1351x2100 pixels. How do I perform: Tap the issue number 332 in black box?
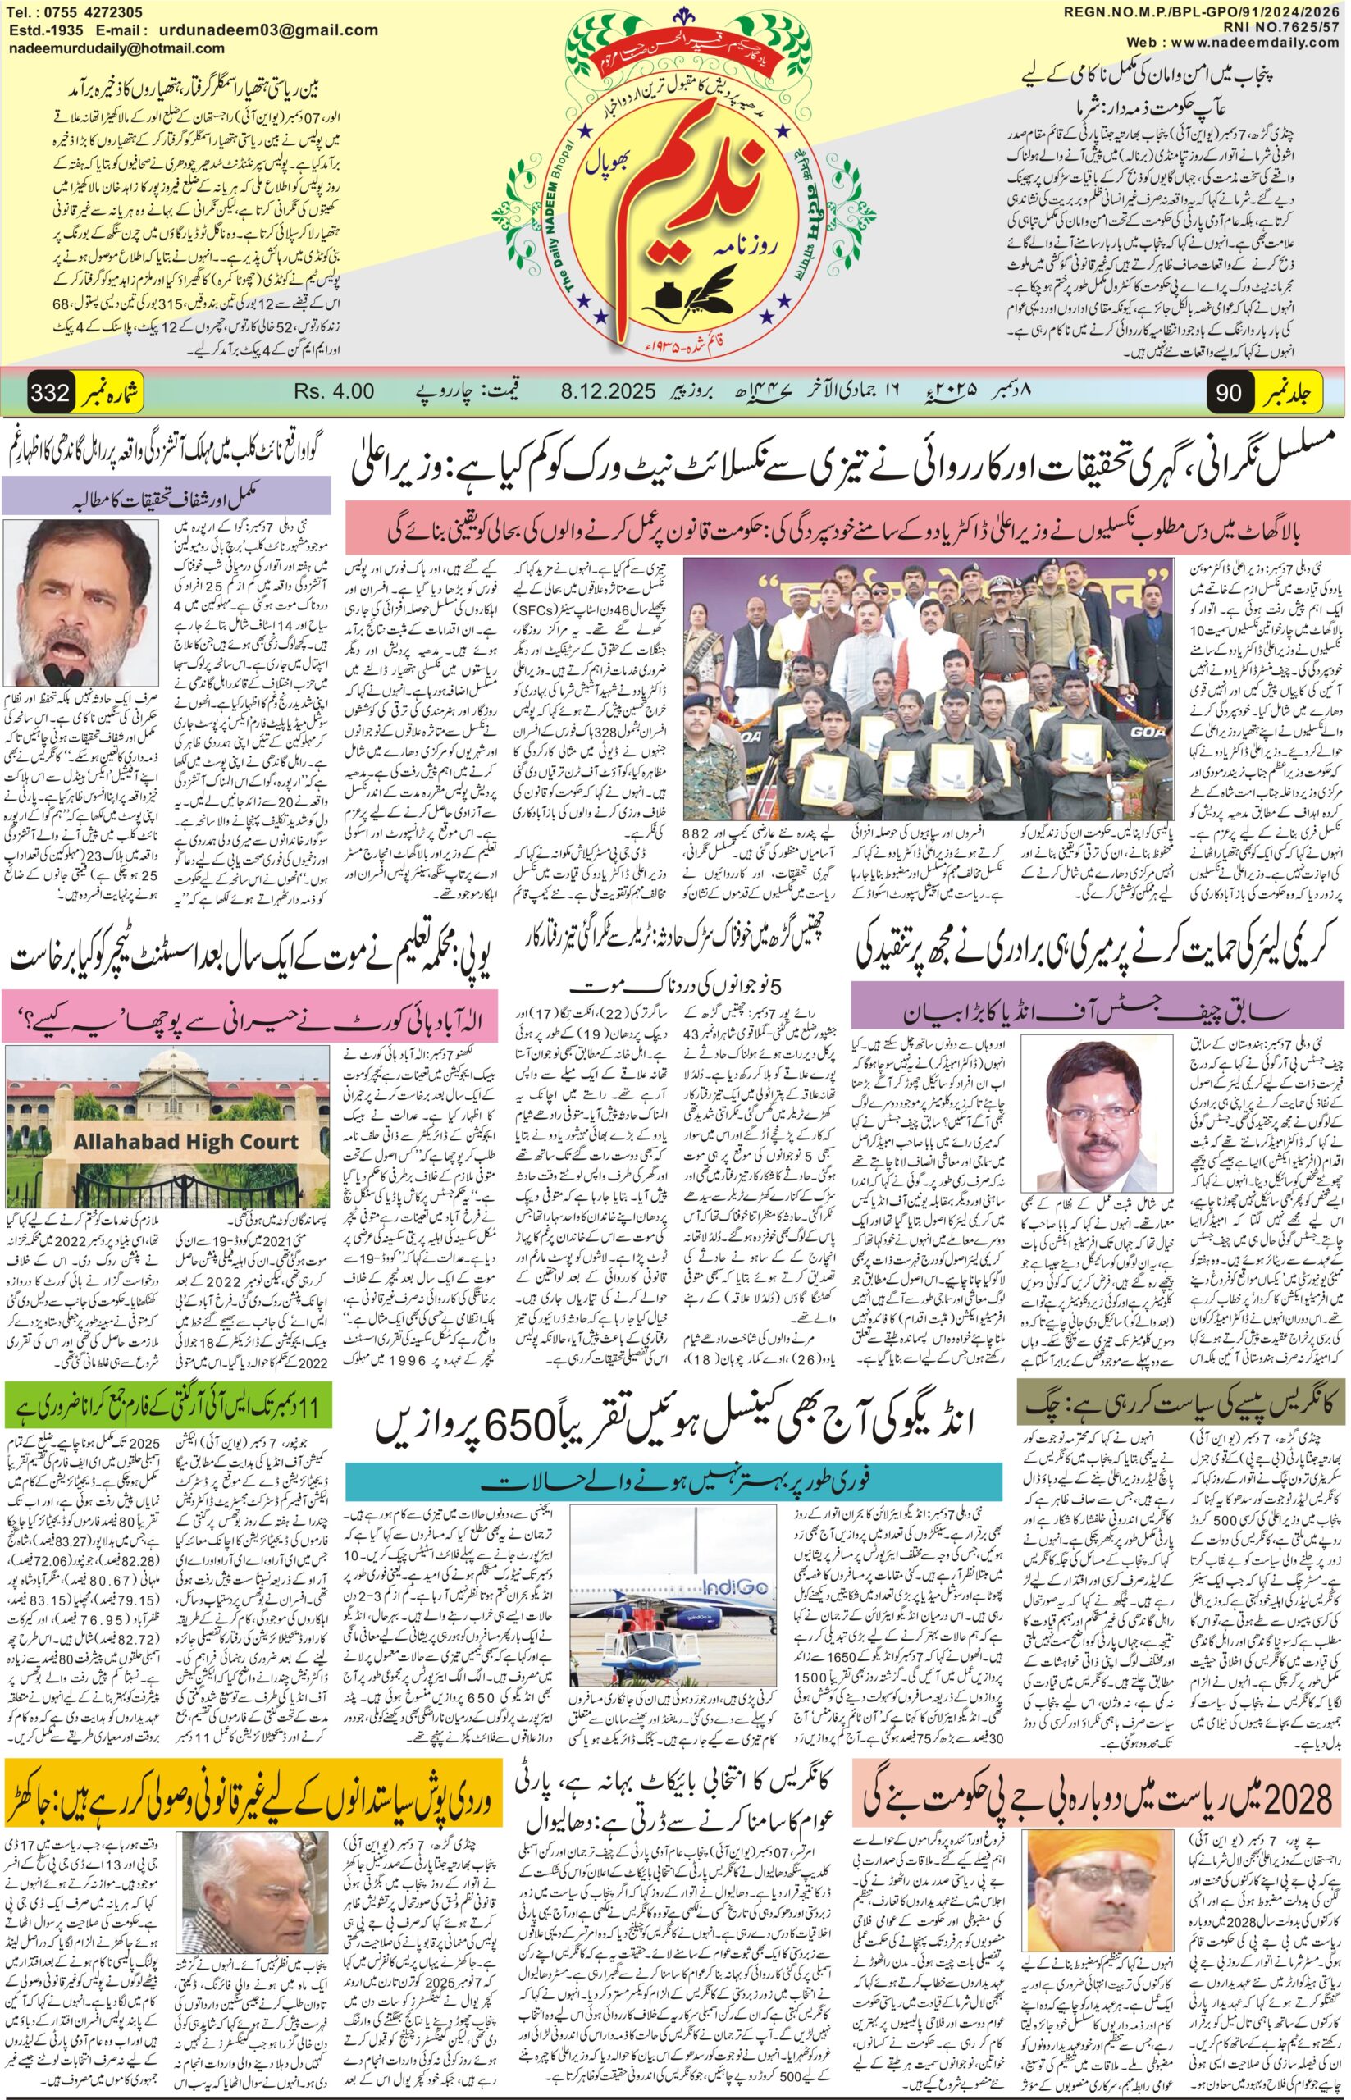pyautogui.click(x=50, y=392)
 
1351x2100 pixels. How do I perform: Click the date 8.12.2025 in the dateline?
pyautogui.click(x=606, y=392)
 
